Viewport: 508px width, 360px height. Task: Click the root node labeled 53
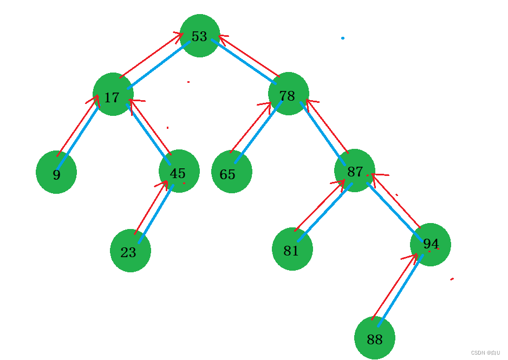point(199,36)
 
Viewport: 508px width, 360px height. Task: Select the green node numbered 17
point(113,95)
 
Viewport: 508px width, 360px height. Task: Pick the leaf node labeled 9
point(56,172)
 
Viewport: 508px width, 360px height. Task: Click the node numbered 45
point(179,171)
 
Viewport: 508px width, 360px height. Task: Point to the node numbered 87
point(355,171)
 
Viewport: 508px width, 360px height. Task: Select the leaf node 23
point(130,251)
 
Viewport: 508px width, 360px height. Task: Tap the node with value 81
point(292,249)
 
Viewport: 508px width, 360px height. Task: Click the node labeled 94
point(431,245)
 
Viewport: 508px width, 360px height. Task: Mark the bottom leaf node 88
point(375,338)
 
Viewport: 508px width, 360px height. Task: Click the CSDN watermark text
point(485,352)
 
